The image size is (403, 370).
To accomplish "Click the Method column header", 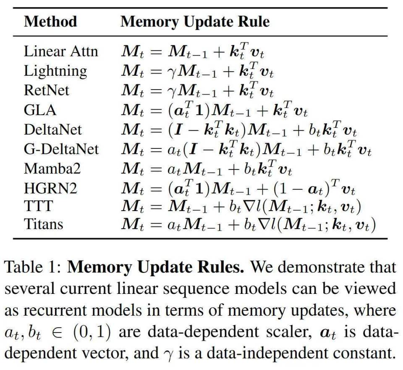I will [50, 21].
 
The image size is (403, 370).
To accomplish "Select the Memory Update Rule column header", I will [195, 21].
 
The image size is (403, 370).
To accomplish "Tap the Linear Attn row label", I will [61, 51].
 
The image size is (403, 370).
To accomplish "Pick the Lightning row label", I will [55, 71].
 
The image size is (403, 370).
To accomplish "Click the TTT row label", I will [38, 206].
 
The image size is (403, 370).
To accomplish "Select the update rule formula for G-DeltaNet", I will [246, 149].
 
